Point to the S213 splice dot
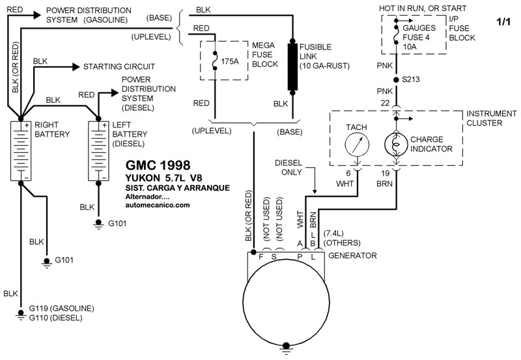(395, 79)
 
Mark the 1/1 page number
(503, 22)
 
